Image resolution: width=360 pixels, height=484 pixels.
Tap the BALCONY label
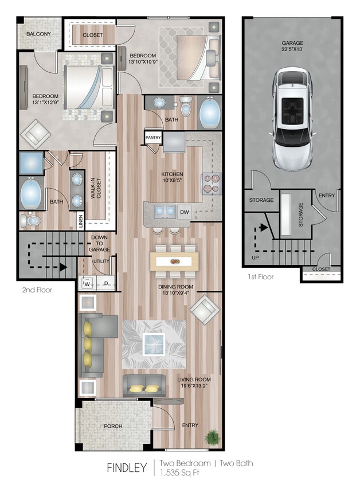38,34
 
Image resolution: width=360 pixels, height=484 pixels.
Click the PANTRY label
153,138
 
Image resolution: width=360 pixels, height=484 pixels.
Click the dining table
175,261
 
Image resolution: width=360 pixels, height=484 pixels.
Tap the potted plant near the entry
213,437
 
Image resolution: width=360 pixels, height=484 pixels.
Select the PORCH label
113,426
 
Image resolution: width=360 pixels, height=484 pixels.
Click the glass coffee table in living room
154,344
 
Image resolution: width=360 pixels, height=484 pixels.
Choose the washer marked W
88,283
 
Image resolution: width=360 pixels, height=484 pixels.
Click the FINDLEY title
127,468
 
